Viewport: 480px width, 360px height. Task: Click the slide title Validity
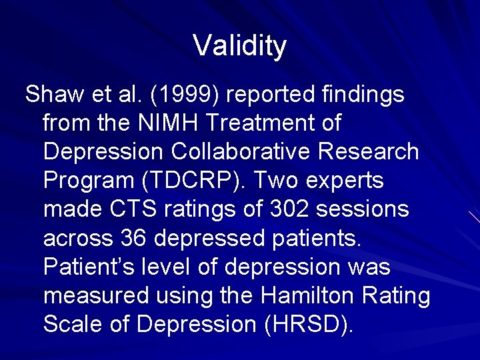240,46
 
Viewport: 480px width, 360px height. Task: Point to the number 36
135,239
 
